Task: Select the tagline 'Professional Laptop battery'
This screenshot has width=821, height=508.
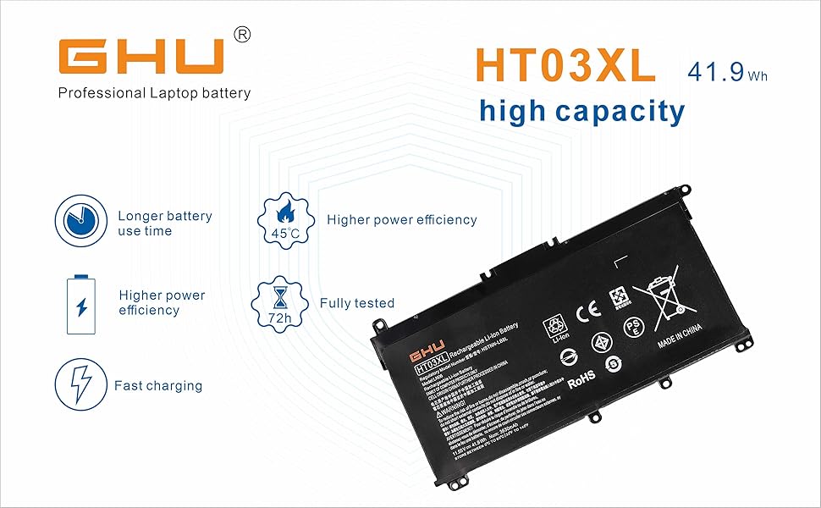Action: [154, 93]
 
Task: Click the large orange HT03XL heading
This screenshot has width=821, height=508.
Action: [565, 66]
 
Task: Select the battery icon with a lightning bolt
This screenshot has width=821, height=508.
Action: [81, 304]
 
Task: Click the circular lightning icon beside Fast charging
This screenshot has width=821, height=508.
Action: [80, 385]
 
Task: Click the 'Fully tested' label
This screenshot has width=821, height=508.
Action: [357, 303]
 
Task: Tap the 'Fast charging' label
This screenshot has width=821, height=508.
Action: [158, 386]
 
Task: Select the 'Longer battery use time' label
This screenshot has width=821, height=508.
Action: [164, 224]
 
